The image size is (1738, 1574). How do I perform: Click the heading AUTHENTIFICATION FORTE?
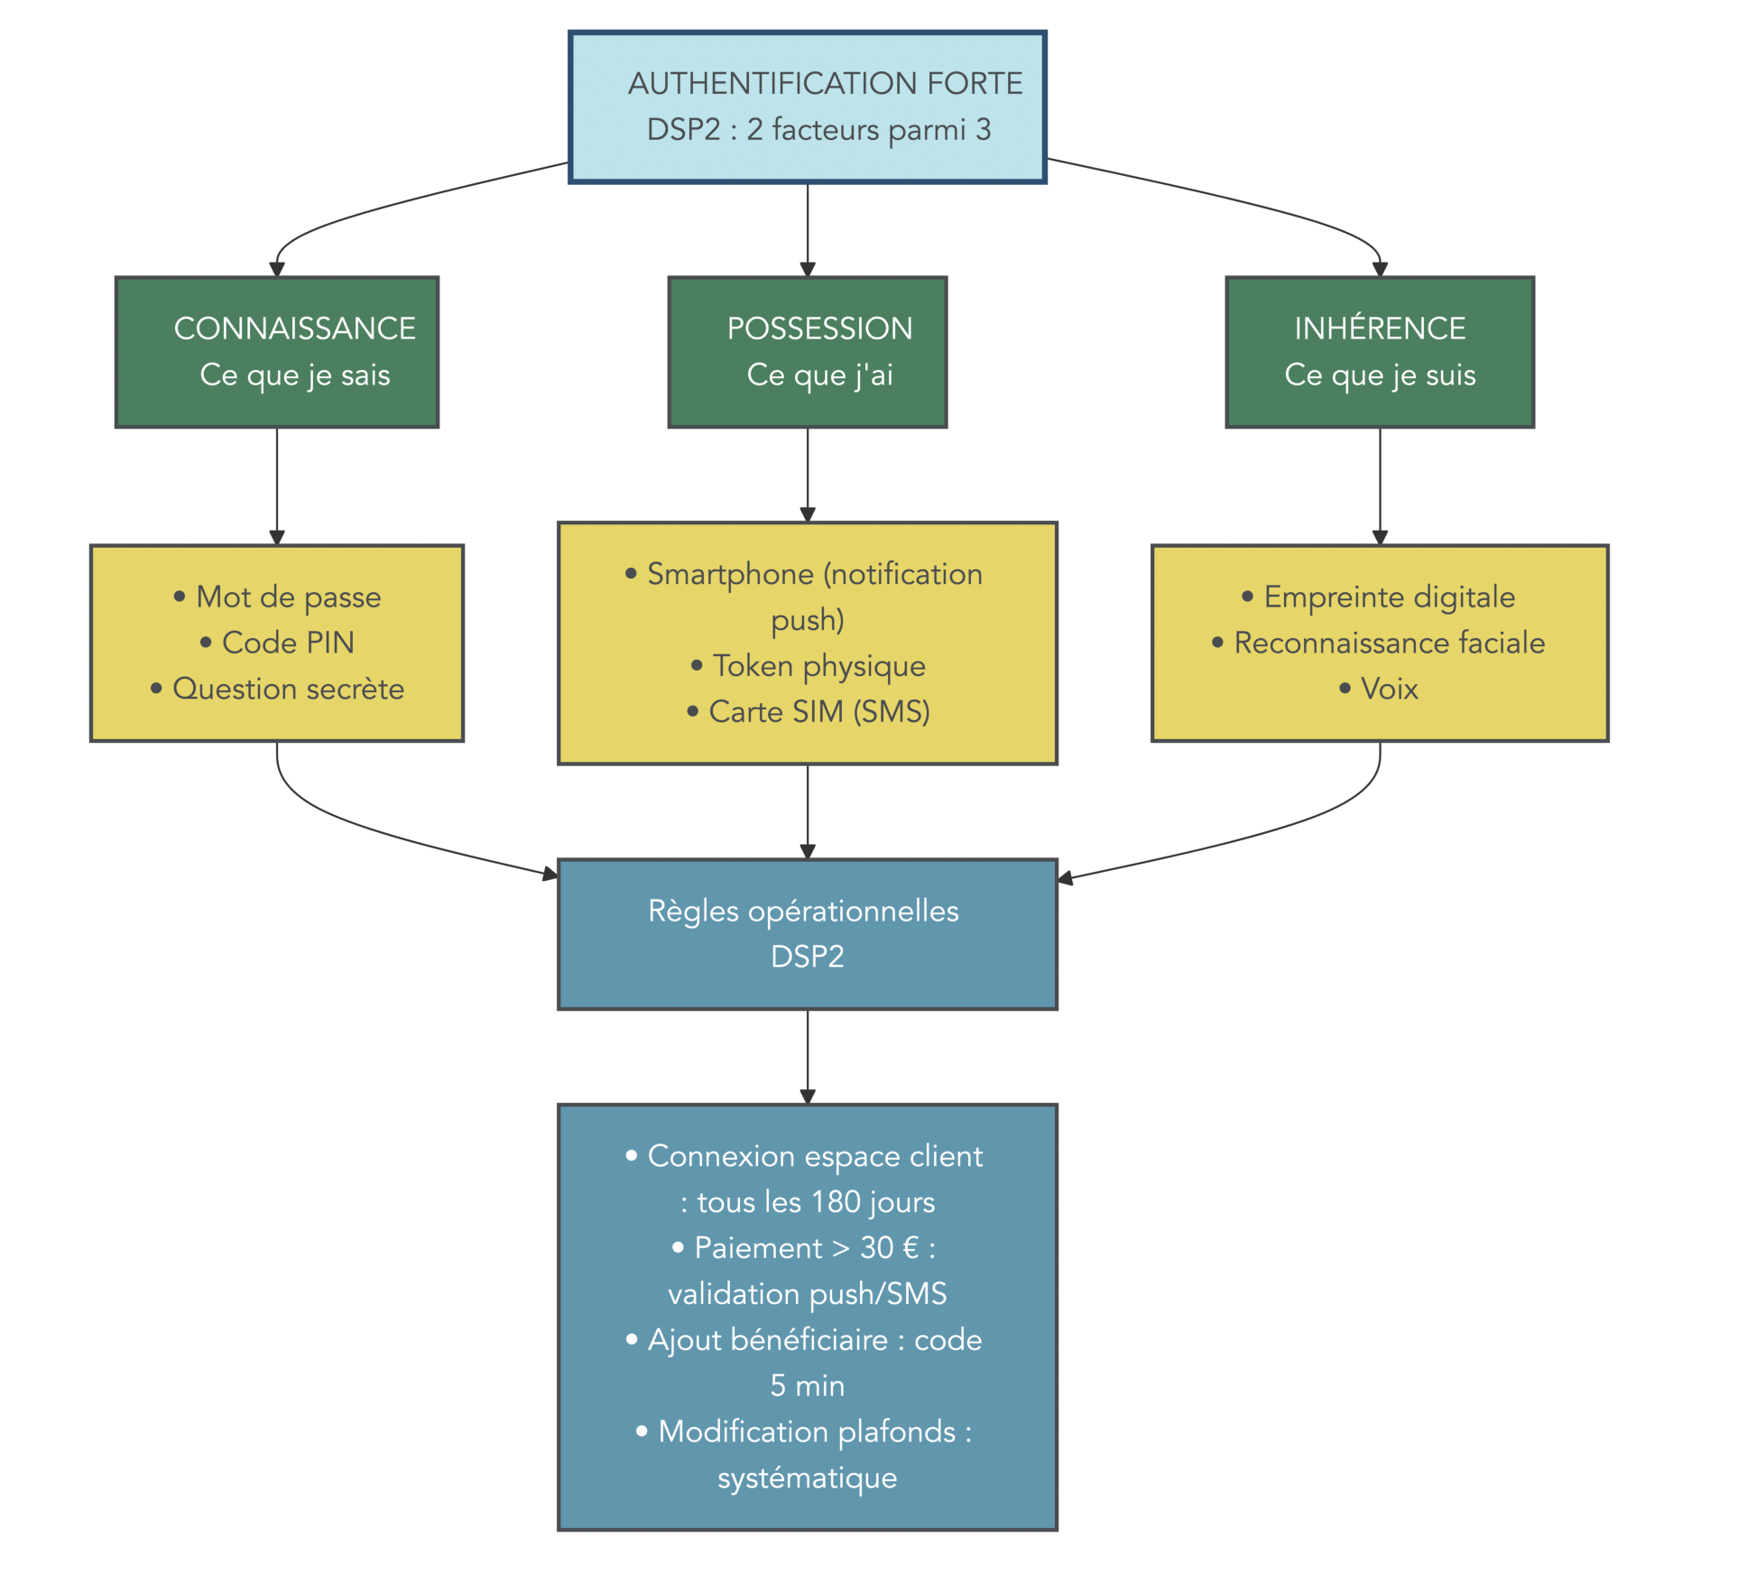(x=825, y=83)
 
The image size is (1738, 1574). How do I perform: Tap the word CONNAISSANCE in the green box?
(x=294, y=329)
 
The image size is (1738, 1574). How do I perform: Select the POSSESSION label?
(x=819, y=329)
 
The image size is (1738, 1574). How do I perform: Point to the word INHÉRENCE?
(x=1379, y=329)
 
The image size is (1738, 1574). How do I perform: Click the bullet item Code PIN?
(x=287, y=643)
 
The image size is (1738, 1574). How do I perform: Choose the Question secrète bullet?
(x=287, y=689)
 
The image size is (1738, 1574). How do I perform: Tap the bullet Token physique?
(x=818, y=666)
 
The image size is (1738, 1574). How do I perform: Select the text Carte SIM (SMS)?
(x=818, y=712)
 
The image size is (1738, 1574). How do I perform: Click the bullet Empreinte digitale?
(x=1388, y=597)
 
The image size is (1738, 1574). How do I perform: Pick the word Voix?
(x=1389, y=689)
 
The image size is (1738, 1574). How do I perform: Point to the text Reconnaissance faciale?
(x=1388, y=643)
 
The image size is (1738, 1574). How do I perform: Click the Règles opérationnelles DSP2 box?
(x=807, y=933)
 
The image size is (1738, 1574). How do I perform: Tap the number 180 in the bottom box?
(x=836, y=1202)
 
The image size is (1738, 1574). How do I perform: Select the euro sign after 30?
(x=910, y=1248)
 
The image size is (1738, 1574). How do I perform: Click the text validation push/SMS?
(x=807, y=1294)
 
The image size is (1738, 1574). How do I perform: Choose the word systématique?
(x=807, y=1478)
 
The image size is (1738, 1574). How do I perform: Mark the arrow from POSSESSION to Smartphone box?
(x=807, y=474)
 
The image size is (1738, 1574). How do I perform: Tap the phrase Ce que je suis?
(x=1379, y=375)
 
